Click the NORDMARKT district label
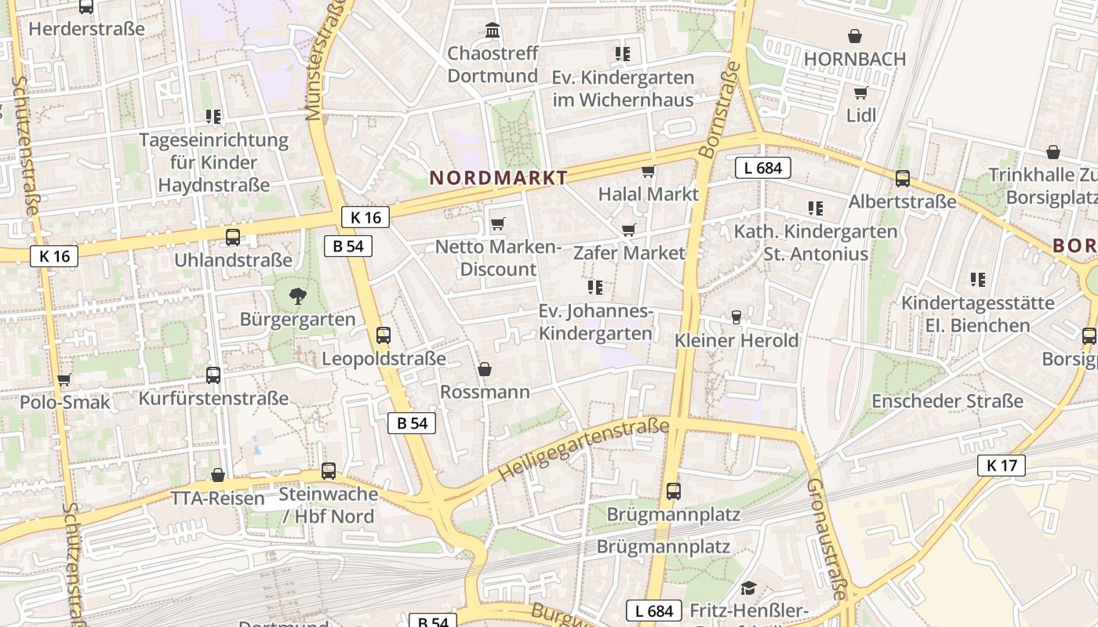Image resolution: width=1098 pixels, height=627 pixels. [498, 178]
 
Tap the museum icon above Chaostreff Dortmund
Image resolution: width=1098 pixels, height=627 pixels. [493, 31]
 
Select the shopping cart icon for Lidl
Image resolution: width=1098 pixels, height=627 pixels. [860, 93]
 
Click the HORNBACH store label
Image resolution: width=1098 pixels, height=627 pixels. [854, 59]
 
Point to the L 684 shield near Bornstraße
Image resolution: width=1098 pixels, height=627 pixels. [762, 167]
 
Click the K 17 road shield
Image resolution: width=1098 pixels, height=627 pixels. [1002, 466]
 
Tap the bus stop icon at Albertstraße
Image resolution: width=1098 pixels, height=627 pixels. [902, 179]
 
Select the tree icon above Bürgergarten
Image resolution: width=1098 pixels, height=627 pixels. [297, 296]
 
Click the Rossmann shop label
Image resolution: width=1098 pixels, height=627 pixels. [485, 391]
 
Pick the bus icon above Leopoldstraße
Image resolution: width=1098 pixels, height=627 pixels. [383, 335]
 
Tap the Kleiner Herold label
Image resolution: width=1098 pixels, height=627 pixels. [736, 340]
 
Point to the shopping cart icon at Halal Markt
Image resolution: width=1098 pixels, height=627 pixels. [648, 172]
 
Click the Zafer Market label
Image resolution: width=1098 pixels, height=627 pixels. [629, 252]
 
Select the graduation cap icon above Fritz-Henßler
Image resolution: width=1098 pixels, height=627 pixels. [748, 588]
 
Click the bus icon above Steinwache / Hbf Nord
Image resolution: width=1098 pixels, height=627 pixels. [328, 471]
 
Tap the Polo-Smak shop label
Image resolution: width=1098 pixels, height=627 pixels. [64, 402]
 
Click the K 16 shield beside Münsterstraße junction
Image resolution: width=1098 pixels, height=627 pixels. [365, 218]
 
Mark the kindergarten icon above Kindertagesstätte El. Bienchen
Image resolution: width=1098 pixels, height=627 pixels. [977, 279]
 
